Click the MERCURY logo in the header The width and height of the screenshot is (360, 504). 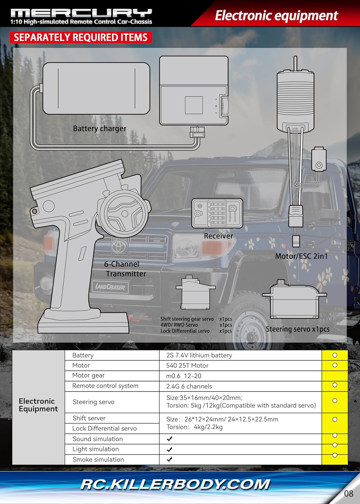pyautogui.click(x=81, y=13)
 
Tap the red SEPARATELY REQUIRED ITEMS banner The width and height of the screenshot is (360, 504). pyautogui.click(x=81, y=37)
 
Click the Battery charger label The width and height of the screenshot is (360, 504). pyautogui.click(x=99, y=129)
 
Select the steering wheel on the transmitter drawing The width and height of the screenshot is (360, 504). pyautogui.click(x=123, y=213)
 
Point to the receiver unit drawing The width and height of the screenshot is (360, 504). pyautogui.click(x=217, y=213)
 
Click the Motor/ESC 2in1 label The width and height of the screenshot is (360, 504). pyautogui.click(x=302, y=256)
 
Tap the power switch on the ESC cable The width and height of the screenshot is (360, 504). pyautogui.click(x=319, y=159)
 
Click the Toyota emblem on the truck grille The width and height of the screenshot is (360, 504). pyautogui.click(x=119, y=246)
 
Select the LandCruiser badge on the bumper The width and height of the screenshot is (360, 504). pyautogui.click(x=110, y=287)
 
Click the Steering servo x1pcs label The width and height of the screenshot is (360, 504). pyautogui.click(x=297, y=329)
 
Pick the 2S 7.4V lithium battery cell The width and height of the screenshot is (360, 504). pyautogui.click(x=199, y=355)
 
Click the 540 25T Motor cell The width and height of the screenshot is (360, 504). pyautogui.click(x=187, y=366)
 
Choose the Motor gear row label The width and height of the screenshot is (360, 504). pyautogui.click(x=88, y=375)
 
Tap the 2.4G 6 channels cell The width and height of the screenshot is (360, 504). pyautogui.click(x=189, y=386)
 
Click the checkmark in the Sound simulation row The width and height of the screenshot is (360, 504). pyautogui.click(x=169, y=438)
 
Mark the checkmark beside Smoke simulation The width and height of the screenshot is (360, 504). pyautogui.click(x=169, y=459)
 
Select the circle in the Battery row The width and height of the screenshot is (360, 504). pyautogui.click(x=335, y=355)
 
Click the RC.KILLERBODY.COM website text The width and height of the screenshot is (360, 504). pyautogui.click(x=175, y=485)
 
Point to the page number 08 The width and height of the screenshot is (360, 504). pyautogui.click(x=349, y=494)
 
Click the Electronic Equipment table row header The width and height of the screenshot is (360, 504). pyautogui.click(x=38, y=405)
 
